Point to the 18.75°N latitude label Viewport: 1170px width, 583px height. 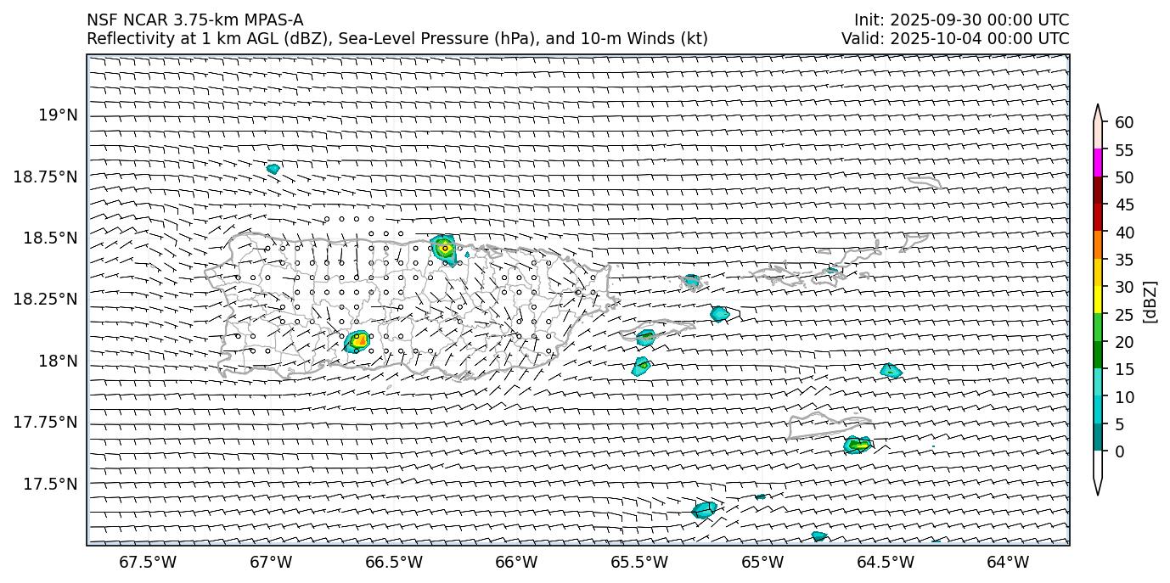46,177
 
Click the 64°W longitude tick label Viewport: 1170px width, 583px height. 1008,562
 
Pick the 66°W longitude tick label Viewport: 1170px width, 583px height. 516,562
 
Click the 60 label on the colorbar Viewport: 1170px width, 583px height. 1124,123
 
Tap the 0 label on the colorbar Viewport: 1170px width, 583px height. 1119,451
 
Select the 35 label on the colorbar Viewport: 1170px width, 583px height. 1124,260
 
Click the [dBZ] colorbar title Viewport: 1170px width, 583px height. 1151,301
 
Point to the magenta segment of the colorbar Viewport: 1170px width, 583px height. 1098,163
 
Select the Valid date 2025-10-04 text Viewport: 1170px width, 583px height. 937,38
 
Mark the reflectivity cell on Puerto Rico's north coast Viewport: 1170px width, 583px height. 443,247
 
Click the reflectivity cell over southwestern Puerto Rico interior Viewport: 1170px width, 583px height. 358,341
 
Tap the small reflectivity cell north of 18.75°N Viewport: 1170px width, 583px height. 273,169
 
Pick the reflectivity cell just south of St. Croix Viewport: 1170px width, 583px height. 858,444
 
